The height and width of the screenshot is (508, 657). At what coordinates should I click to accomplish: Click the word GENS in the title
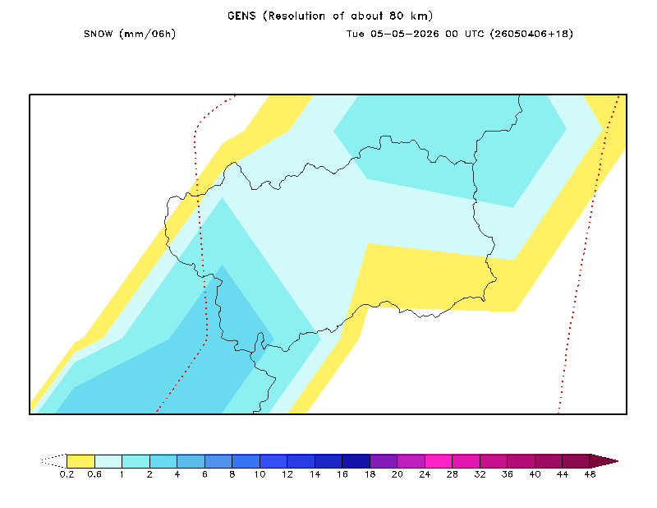241,16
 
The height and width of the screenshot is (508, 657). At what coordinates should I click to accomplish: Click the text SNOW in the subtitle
98,34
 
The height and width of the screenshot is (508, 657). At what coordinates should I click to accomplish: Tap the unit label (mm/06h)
148,34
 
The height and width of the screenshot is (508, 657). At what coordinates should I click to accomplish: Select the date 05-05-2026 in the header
404,34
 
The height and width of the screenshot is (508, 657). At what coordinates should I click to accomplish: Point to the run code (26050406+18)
531,34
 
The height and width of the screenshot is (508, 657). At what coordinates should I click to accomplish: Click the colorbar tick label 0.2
67,474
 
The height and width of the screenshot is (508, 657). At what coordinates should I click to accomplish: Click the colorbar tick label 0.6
94,474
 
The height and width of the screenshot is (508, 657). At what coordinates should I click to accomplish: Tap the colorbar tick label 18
370,474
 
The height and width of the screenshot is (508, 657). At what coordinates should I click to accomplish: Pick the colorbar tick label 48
590,474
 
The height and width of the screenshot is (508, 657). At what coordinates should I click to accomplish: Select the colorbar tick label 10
260,474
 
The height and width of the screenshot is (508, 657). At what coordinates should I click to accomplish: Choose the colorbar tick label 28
453,474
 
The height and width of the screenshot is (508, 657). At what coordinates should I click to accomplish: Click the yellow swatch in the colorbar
80,461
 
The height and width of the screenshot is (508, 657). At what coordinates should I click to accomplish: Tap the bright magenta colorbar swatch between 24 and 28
439,461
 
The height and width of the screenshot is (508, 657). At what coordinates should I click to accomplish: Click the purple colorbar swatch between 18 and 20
384,461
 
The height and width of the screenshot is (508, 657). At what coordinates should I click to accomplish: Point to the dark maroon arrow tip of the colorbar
604,461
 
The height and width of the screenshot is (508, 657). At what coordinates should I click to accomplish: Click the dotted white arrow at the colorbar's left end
53,461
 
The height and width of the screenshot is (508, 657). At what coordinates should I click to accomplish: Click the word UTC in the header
474,34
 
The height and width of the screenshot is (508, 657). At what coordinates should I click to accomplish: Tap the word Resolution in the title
296,16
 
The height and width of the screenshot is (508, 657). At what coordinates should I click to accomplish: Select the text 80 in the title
397,16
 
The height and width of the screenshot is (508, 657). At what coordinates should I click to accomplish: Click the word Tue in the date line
355,34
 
